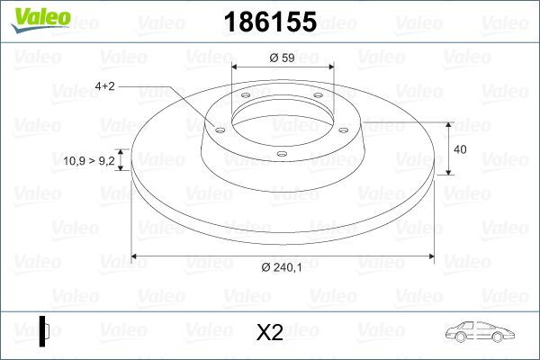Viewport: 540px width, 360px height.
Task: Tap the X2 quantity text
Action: pyautogui.click(x=270, y=332)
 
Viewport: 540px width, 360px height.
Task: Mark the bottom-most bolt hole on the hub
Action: pyautogui.click(x=282, y=154)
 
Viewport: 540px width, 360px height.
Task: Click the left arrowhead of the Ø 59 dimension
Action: pyautogui.click(x=236, y=67)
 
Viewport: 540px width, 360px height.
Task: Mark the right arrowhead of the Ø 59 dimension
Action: pyautogui.click(x=331, y=67)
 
